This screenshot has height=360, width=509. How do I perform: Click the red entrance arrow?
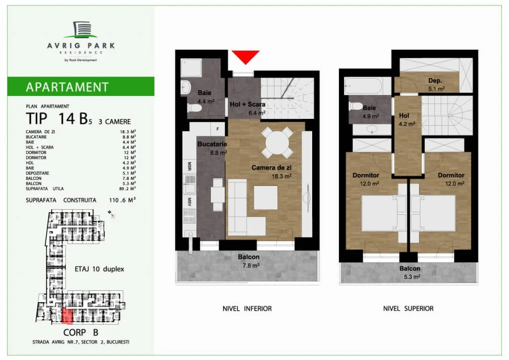point(246,57)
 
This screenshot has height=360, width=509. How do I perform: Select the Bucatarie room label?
point(212,144)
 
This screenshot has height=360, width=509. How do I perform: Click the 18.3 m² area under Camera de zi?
point(281,176)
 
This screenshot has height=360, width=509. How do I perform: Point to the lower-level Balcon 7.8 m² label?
point(249,261)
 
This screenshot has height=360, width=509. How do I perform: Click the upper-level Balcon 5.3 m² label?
point(410,272)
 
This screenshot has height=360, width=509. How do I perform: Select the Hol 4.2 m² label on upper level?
point(407,119)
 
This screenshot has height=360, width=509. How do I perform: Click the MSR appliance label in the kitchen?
point(189,166)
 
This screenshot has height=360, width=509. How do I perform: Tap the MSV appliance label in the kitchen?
point(189,201)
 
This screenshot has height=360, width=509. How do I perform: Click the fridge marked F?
point(218,129)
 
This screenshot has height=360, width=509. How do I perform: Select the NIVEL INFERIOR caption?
point(247,309)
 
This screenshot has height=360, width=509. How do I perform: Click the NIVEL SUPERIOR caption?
point(409,309)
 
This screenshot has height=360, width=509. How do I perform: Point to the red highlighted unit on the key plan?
point(67,316)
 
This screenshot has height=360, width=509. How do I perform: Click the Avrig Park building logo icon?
point(80,29)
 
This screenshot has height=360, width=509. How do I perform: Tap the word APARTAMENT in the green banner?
point(67,87)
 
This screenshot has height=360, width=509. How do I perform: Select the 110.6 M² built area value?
point(122,200)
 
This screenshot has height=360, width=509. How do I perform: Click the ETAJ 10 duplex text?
point(99,269)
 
